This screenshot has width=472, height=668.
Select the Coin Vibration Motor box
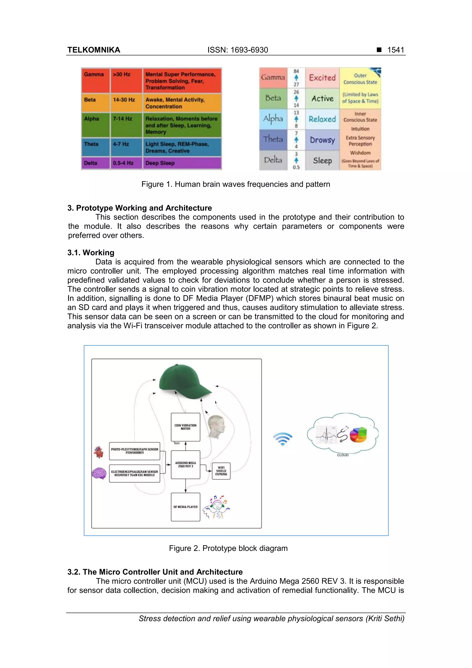coord(186,427)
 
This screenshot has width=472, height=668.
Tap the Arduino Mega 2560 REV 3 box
coord(186,465)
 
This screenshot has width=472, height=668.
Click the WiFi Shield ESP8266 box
coord(221,471)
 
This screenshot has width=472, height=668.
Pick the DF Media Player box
coord(186,507)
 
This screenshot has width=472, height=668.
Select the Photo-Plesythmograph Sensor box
coord(134,451)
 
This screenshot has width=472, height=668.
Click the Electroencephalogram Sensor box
coord(134,473)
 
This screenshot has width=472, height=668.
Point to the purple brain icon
coord(99,473)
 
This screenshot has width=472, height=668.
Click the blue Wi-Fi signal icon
coord(282,439)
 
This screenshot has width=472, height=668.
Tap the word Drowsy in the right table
coord(322,140)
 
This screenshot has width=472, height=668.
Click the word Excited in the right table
coord(322,78)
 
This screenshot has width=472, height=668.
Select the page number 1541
coord(395,50)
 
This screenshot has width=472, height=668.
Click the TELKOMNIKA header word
coord(94,50)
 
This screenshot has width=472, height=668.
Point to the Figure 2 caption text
coord(228,548)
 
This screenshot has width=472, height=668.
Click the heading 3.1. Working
coord(91,252)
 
